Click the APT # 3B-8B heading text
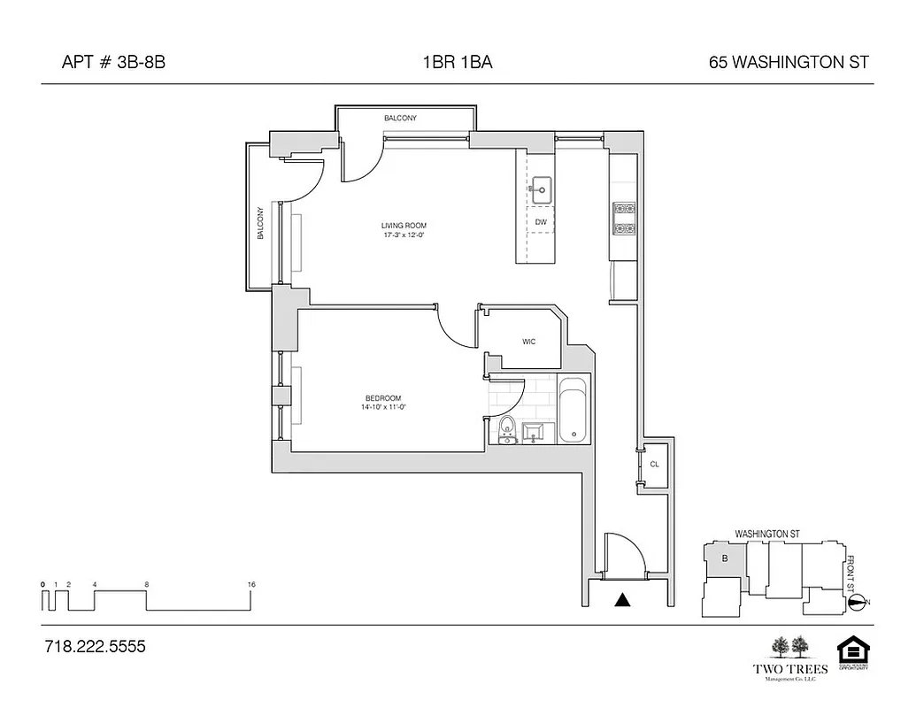tap(113, 62)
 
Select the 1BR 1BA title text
tap(458, 62)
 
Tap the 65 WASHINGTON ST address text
tap(789, 62)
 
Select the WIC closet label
tap(528, 342)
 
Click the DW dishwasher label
tap(540, 222)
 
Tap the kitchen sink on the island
tap(541, 188)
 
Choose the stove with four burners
tap(623, 219)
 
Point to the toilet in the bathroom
tap(508, 427)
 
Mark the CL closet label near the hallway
tap(654, 464)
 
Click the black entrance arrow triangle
tap(623, 600)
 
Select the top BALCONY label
tap(400, 118)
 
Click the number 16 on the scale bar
tap(252, 585)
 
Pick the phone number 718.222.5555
tap(94, 647)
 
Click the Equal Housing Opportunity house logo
tap(854, 652)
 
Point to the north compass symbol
tap(857, 603)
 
